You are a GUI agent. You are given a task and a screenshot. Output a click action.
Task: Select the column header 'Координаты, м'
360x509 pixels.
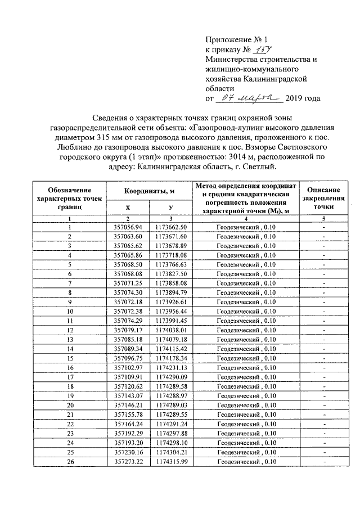149,192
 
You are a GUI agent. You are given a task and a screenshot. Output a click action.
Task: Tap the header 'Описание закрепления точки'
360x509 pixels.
324,199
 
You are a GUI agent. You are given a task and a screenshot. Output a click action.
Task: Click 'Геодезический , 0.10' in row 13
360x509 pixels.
246,339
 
